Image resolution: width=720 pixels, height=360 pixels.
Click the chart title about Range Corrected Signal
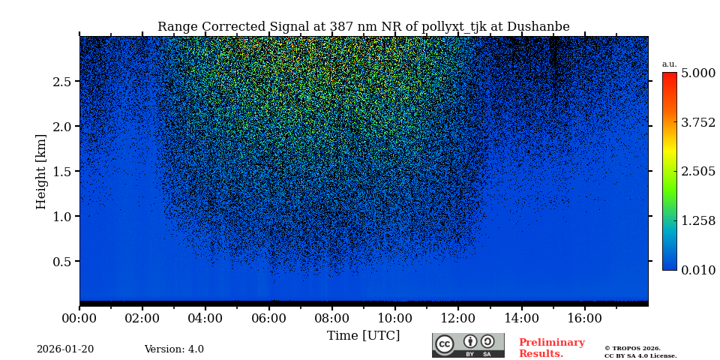[x=363, y=27]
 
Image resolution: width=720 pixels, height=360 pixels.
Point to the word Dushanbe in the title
[x=538, y=27]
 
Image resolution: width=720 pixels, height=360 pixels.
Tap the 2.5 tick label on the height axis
[x=61, y=81]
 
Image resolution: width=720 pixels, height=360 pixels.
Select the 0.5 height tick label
[x=61, y=261]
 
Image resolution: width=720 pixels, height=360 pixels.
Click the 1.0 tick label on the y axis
[x=61, y=216]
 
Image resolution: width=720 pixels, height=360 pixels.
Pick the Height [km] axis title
[x=41, y=171]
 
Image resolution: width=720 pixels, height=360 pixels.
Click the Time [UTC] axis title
[x=363, y=335]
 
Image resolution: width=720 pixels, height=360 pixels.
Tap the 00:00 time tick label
[x=79, y=318]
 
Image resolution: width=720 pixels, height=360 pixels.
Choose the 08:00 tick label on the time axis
[x=331, y=318]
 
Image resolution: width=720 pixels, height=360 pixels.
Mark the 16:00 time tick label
[x=584, y=318]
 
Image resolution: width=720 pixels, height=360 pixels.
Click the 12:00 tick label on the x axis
[x=457, y=318]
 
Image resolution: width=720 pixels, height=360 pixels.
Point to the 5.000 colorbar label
[x=697, y=73]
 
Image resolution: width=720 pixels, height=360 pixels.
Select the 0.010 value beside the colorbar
[x=697, y=270]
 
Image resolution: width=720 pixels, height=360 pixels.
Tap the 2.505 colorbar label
[x=697, y=171]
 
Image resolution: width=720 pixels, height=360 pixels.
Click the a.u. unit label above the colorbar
[x=669, y=64]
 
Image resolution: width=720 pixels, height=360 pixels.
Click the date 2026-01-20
[x=65, y=349]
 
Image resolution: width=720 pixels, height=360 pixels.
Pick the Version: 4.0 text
[x=174, y=349]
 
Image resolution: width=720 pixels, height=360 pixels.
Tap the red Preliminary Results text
[x=551, y=348]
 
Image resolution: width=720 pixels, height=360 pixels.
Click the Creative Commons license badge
[x=468, y=345]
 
